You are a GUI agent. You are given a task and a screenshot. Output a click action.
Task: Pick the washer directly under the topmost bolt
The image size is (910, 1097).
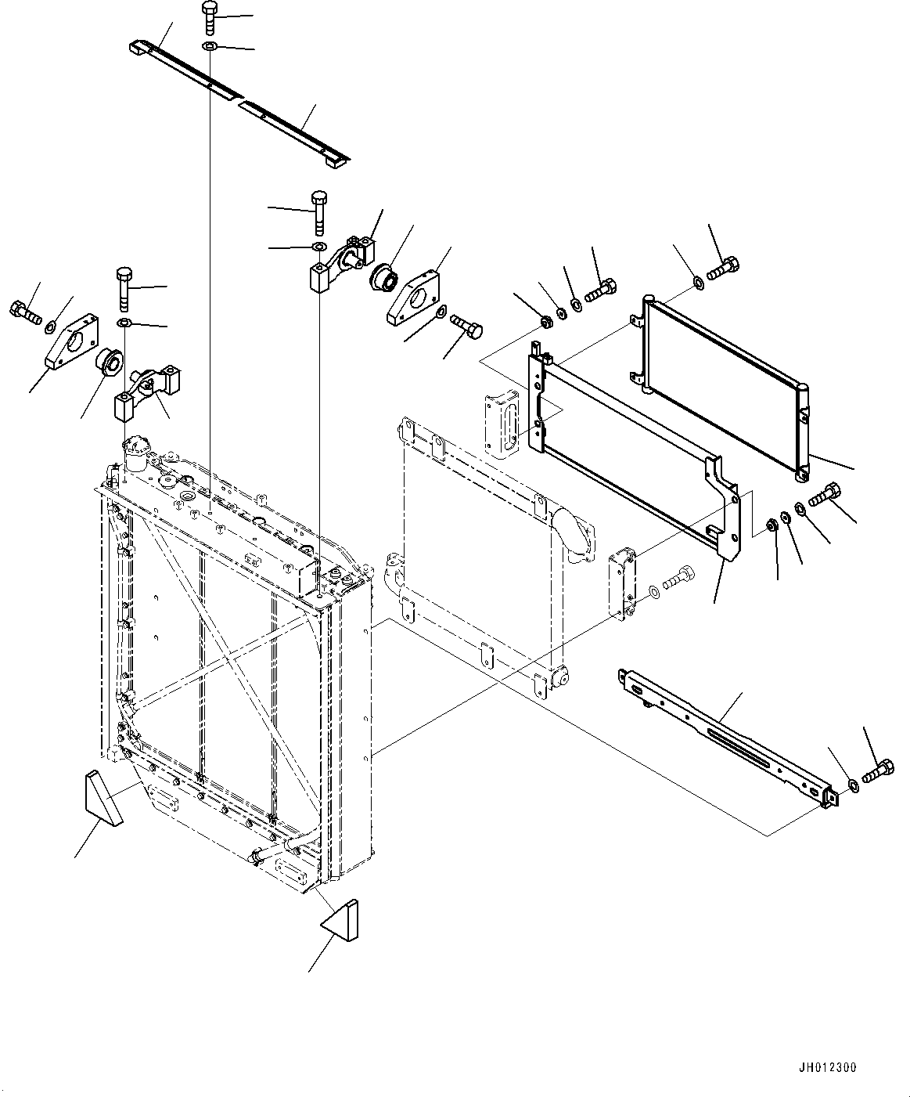pyautogui.click(x=210, y=49)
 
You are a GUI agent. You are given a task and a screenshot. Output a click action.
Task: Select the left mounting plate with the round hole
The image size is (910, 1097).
pyautogui.click(x=70, y=341)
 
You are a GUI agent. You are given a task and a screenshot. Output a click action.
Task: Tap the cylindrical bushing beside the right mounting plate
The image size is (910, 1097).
pyautogui.click(x=383, y=277)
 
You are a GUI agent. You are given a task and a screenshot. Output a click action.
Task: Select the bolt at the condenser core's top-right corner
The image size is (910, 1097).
pyautogui.click(x=722, y=270)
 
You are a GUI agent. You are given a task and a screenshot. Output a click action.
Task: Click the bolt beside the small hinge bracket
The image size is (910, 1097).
pyautogui.click(x=678, y=582)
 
